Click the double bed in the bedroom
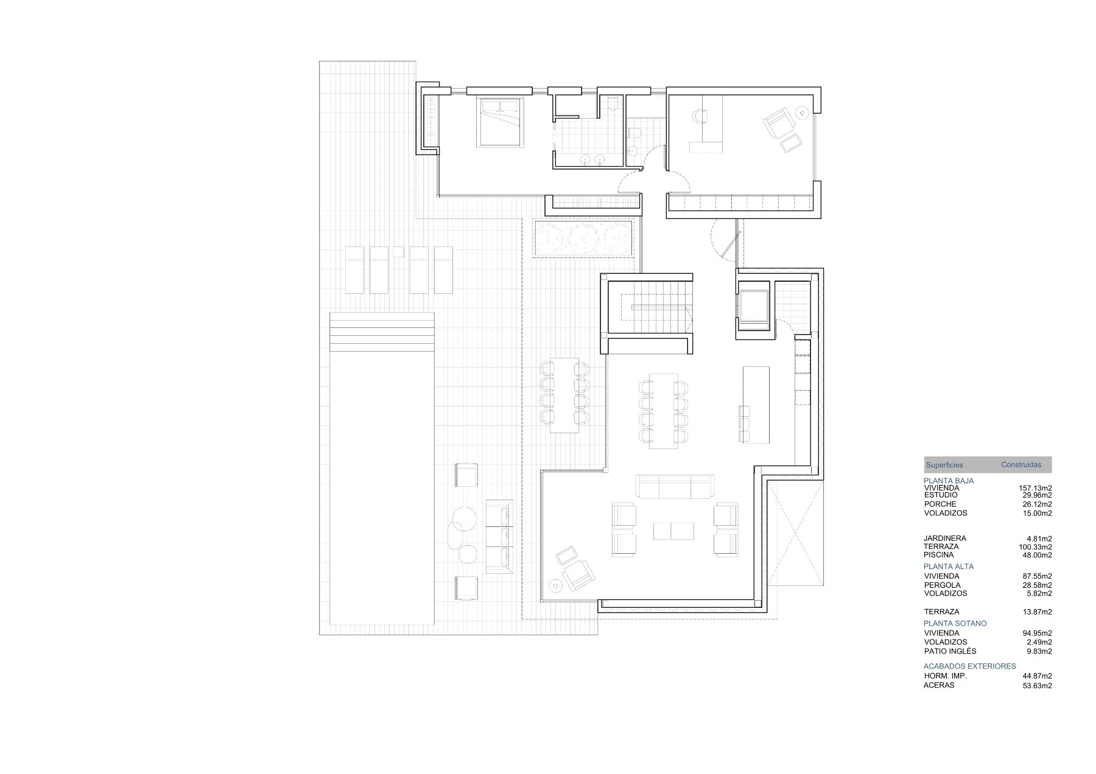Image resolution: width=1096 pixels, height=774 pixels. click(x=501, y=122)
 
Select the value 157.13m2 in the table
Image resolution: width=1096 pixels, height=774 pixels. click(x=1035, y=488)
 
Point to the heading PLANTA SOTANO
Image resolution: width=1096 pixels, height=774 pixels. click(x=955, y=623)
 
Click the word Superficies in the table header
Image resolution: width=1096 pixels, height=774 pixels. click(x=944, y=465)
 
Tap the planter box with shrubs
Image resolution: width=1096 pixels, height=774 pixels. click(x=585, y=238)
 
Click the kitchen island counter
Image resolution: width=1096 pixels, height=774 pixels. click(x=756, y=405)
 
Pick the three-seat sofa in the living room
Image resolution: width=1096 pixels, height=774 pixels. click(x=675, y=486)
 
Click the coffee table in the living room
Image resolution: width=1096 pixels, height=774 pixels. click(x=673, y=531)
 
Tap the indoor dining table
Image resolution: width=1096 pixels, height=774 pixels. click(x=664, y=411)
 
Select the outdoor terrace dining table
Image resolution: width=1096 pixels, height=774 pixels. click(x=564, y=396)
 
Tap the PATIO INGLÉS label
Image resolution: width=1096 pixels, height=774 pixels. click(x=950, y=651)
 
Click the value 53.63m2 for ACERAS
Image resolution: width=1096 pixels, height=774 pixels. click(x=1037, y=685)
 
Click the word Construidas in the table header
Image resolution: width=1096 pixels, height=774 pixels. click(x=1021, y=465)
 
